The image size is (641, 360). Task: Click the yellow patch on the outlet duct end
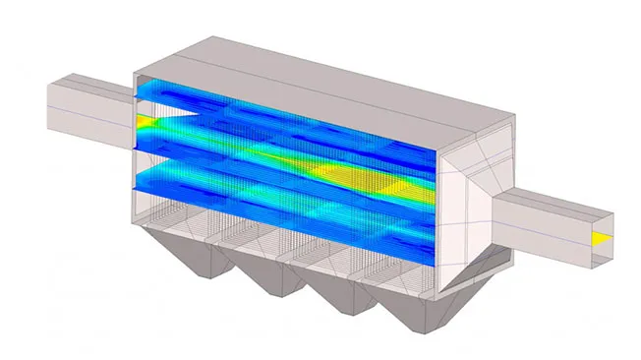[x=599, y=239]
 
